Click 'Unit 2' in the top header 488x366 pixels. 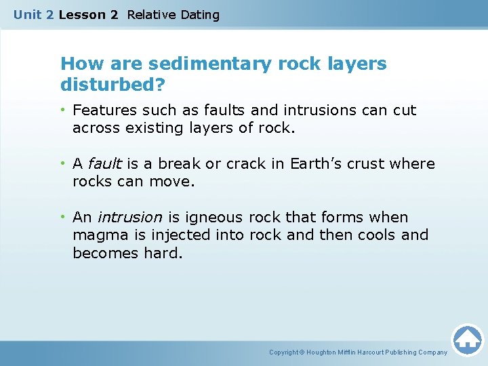(x=33, y=14)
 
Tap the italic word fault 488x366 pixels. (x=104, y=164)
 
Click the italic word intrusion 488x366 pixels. (x=129, y=218)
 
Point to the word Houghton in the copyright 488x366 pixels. (x=322, y=352)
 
